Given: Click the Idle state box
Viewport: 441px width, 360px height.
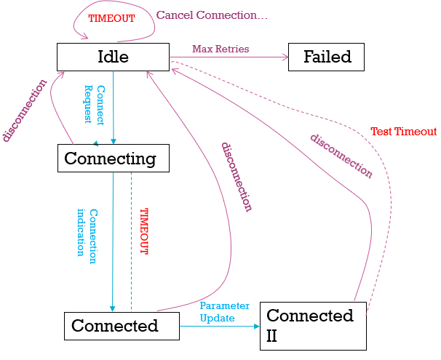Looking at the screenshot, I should pyautogui.click(x=113, y=57).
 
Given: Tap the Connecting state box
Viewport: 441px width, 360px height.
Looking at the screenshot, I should pyautogui.click(x=113, y=158).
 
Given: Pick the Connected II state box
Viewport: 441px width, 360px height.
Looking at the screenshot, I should pyautogui.click(x=312, y=324).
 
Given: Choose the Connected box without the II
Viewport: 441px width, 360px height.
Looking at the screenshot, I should pyautogui.click(x=122, y=326).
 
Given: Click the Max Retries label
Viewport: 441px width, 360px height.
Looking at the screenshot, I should pyautogui.click(x=220, y=49).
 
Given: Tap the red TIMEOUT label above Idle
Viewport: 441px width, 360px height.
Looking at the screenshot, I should pyautogui.click(x=111, y=18).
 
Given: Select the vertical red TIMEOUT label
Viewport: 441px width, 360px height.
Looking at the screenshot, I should pyautogui.click(x=143, y=231).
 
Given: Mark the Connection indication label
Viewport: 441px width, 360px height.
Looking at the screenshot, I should pyautogui.click(x=87, y=232).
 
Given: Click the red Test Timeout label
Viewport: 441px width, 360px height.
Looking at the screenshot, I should pyautogui.click(x=403, y=132).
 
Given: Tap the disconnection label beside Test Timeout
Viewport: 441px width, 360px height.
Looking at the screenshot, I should pyautogui.click(x=341, y=156).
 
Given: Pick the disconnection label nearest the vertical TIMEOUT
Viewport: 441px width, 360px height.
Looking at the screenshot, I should pyautogui.click(x=236, y=176).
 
